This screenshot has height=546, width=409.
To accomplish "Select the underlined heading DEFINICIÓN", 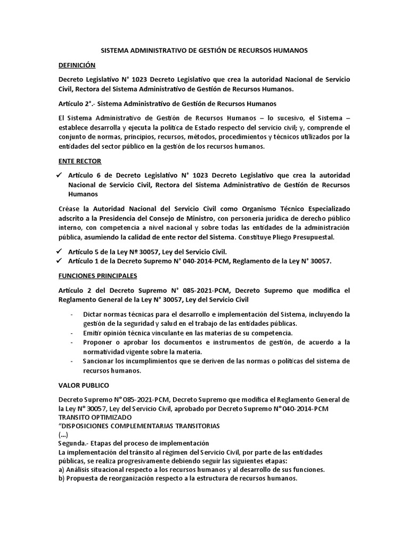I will tap(77, 65).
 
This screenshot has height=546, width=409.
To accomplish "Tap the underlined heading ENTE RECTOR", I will tap(79, 160).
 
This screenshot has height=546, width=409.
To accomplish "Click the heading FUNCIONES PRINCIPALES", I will tap(97, 276).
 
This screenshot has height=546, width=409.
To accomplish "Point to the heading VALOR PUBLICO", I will tap(84, 384).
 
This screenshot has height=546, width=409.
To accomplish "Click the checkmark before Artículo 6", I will tap(60, 175).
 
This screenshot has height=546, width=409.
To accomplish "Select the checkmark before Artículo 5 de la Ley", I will tap(60, 251).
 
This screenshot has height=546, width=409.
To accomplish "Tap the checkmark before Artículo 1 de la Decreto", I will tap(60, 261).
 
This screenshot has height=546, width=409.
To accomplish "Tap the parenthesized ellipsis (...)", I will tap(62, 435).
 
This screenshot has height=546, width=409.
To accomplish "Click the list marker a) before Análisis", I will tap(62, 470).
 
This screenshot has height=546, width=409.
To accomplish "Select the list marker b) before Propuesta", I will tap(62, 479).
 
